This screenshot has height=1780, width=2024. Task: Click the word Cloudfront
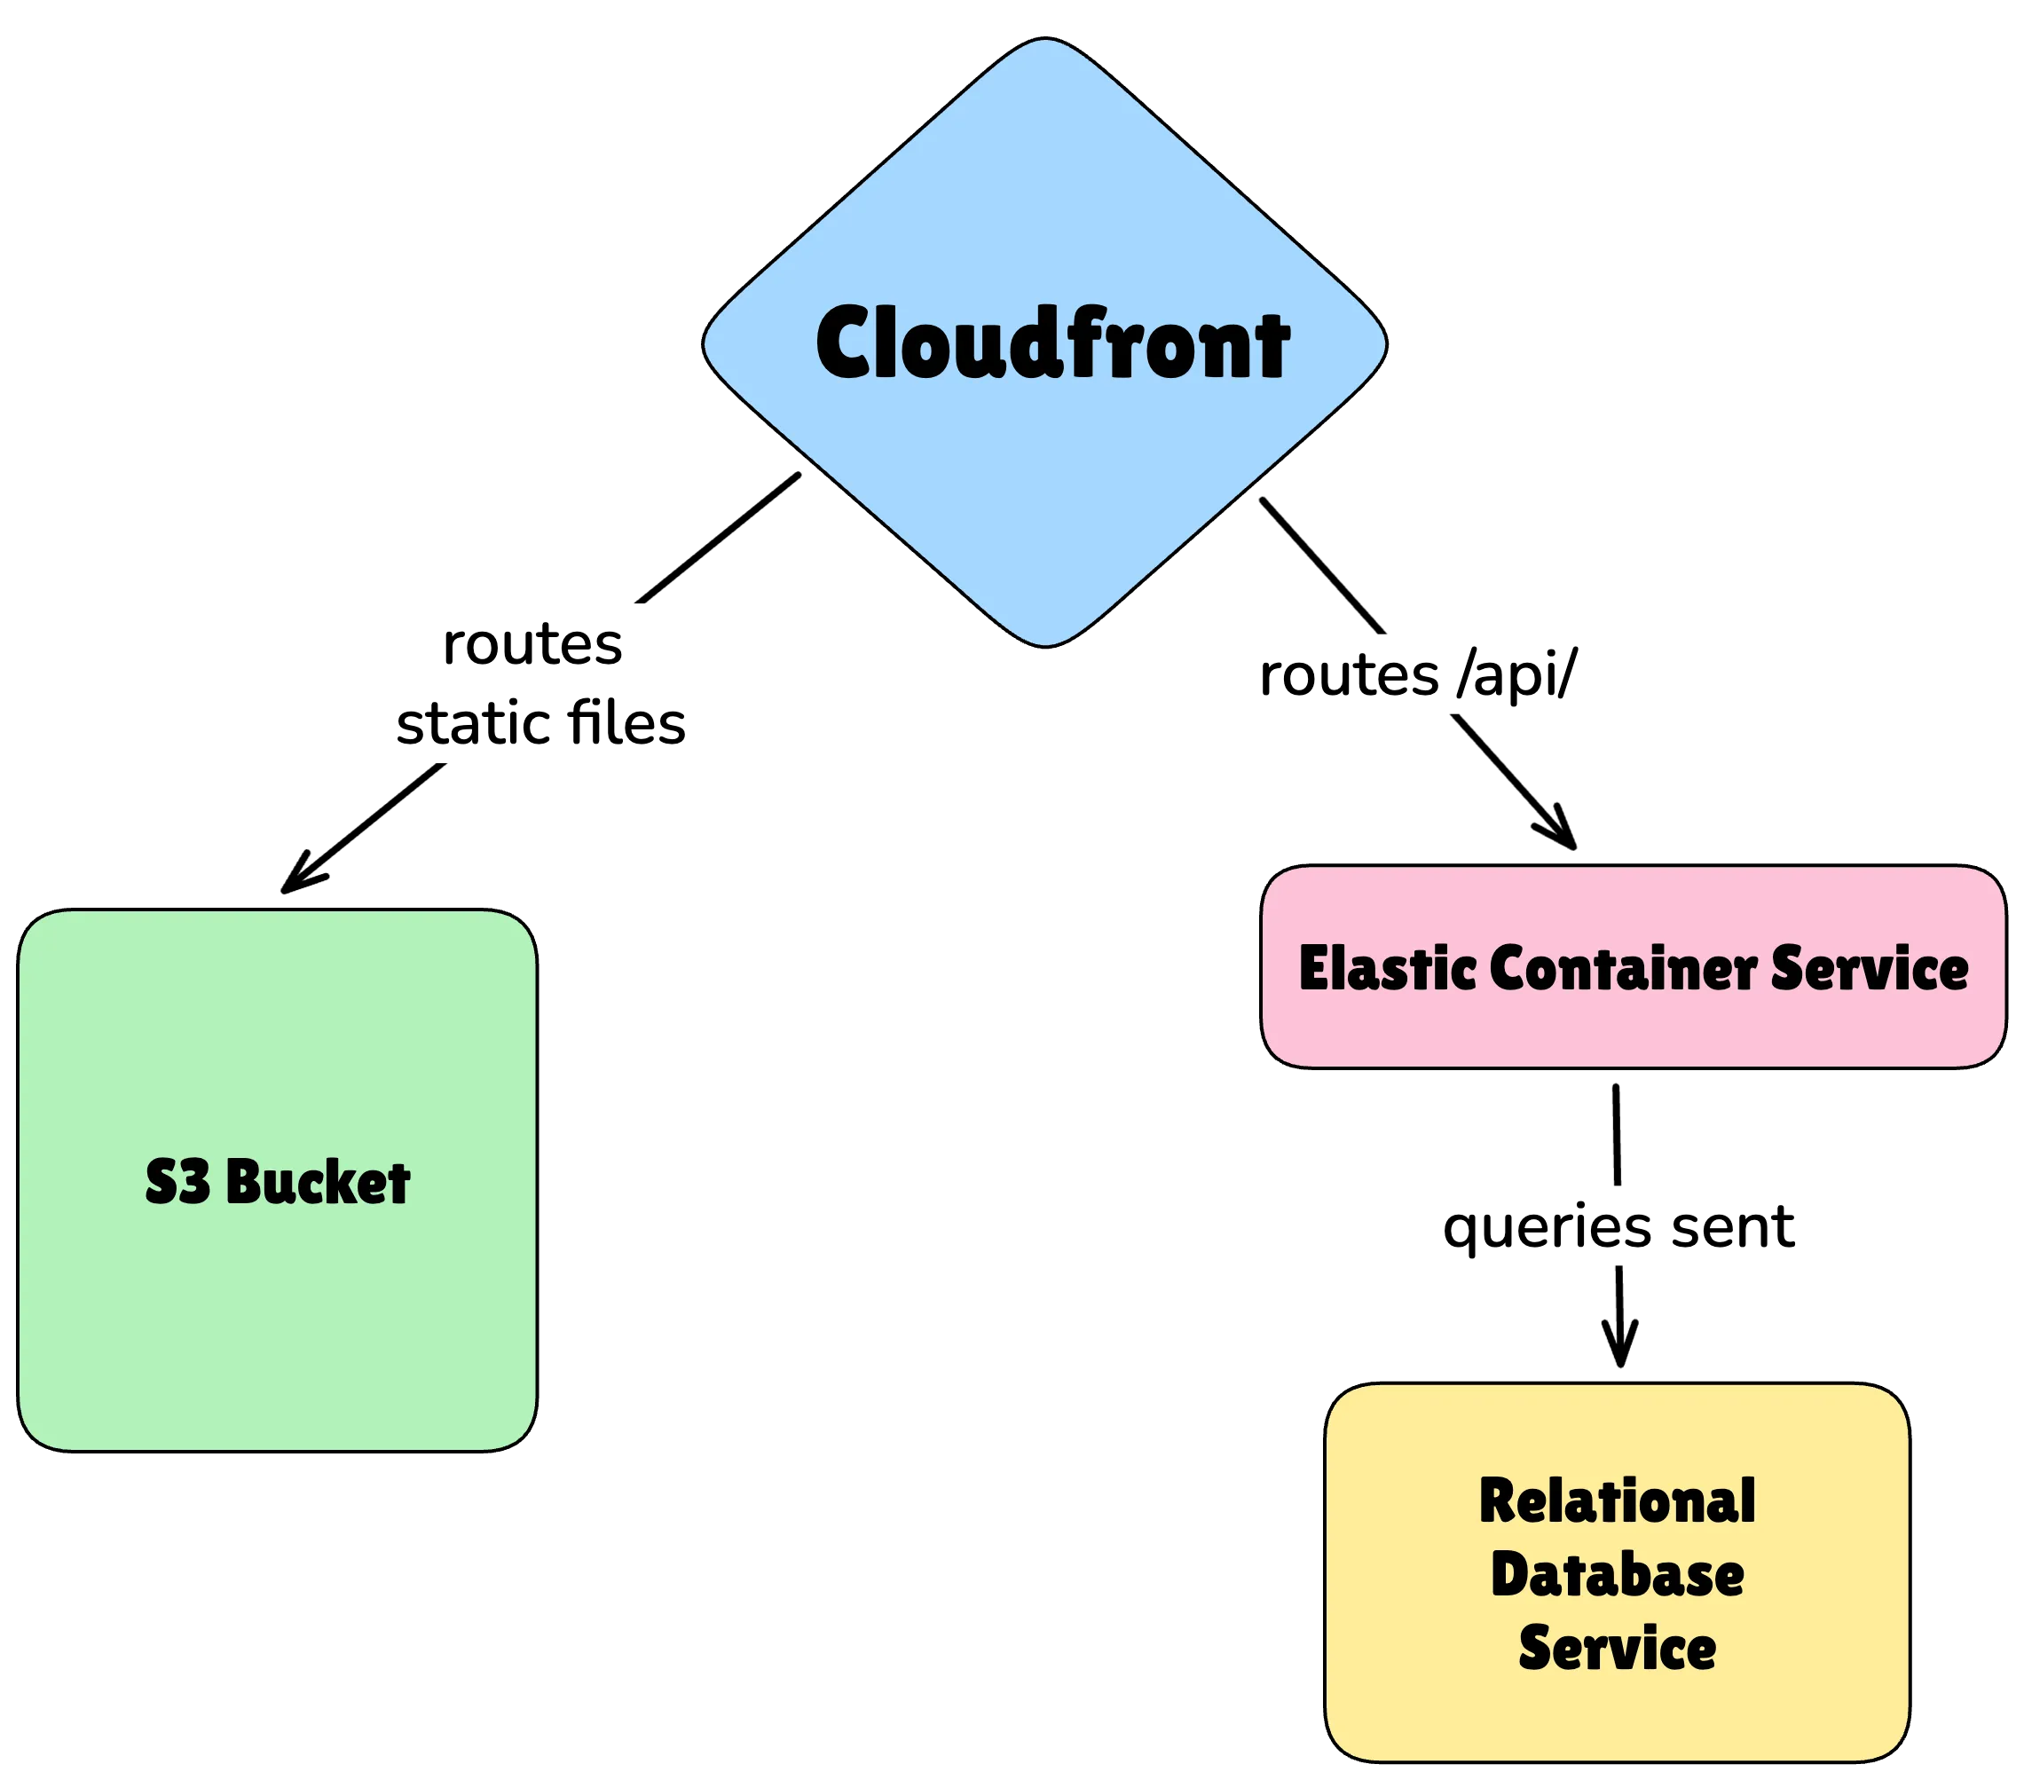click(x=1052, y=343)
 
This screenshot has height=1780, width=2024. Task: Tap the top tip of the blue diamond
click(x=1044, y=42)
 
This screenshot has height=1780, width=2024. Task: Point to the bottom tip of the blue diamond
click(x=1045, y=643)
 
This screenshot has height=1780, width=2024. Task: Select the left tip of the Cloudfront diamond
click(x=707, y=343)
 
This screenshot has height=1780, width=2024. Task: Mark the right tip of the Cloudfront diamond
click(x=1382, y=343)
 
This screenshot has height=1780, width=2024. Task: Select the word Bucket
click(x=318, y=1181)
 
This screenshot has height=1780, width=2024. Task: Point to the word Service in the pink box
click(x=1870, y=968)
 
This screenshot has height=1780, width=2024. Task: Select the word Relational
click(x=1617, y=1501)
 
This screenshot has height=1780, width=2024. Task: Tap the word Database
click(x=1617, y=1575)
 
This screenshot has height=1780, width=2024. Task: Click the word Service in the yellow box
click(x=1617, y=1649)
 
